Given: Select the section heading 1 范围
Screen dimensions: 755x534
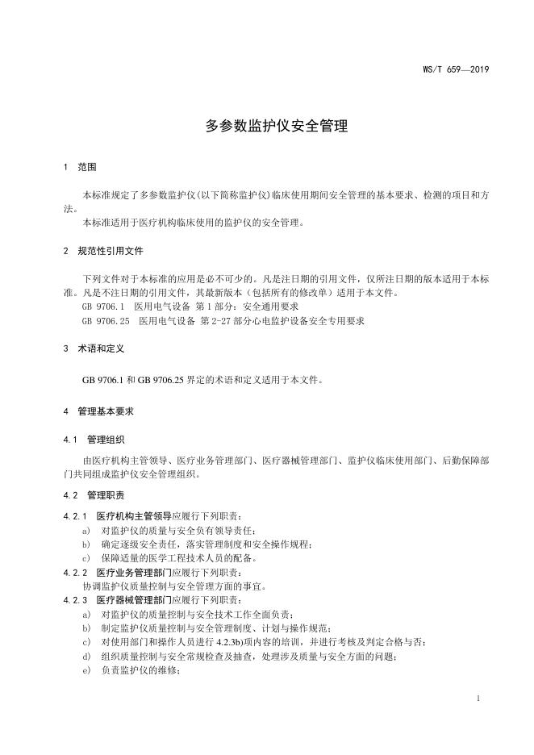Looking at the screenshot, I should [x=80, y=168].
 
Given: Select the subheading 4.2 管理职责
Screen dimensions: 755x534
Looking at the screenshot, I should [x=94, y=494].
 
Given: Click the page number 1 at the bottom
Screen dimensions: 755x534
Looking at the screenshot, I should [x=478, y=699].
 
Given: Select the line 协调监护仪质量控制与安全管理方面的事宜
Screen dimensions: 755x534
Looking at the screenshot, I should [x=175, y=586].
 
